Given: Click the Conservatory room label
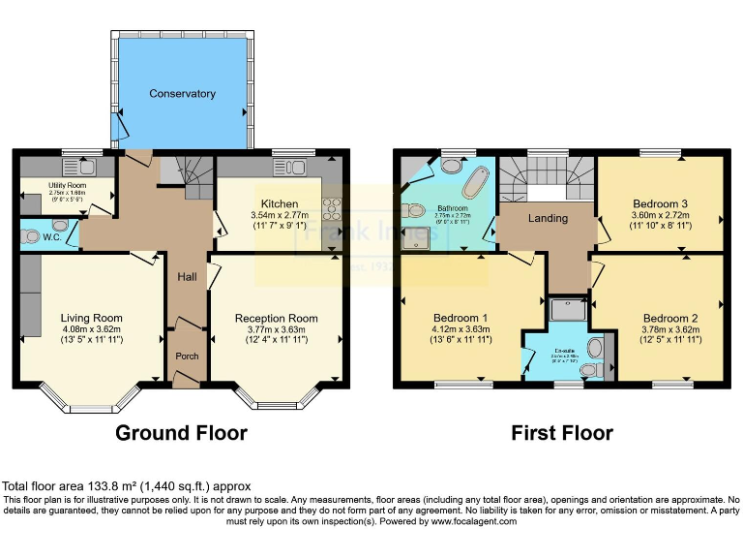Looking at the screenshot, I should (x=182, y=94).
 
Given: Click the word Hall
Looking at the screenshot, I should (x=188, y=277).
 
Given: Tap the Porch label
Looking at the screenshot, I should (x=187, y=356).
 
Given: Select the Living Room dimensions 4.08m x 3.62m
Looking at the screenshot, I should (x=91, y=329).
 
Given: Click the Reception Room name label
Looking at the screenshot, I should (x=276, y=318).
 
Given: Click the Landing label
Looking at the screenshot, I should (x=547, y=219).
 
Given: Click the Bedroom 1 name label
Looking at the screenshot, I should (x=459, y=318).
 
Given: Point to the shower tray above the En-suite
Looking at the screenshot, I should (x=567, y=309).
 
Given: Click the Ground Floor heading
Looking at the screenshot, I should (x=181, y=432).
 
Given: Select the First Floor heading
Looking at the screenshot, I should (x=562, y=432).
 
